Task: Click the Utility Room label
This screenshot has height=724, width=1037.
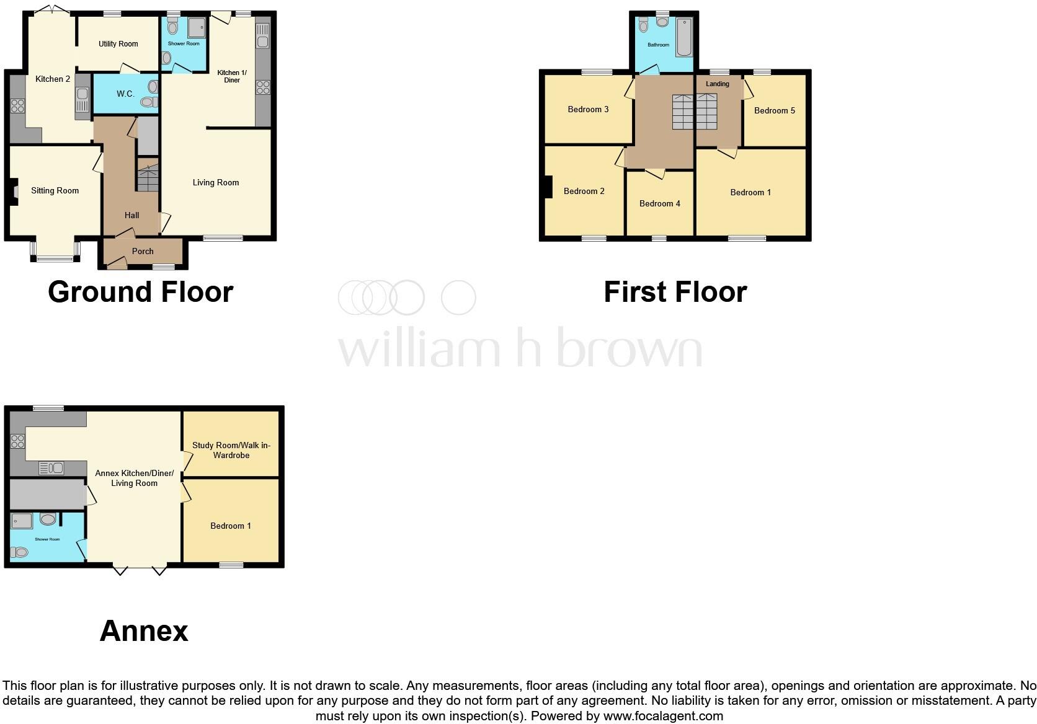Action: [118, 44]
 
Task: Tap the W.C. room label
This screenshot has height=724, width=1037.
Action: [125, 94]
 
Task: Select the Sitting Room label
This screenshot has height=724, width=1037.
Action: [55, 190]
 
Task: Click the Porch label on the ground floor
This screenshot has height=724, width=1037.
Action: [143, 251]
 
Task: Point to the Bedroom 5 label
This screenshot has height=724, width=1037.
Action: [774, 110]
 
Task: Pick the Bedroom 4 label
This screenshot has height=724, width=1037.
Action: [659, 203]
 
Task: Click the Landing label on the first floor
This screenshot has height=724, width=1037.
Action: [717, 84]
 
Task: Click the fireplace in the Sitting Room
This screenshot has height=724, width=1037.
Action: [14, 192]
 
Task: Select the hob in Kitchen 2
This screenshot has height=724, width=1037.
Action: [17, 106]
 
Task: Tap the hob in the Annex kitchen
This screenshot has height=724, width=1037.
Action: [17, 441]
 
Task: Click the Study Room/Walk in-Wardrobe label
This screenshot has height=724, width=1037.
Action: [231, 450]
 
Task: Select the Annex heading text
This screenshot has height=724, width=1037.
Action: [144, 631]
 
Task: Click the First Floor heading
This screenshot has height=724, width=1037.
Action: [675, 292]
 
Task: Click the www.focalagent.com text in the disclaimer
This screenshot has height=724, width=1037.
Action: [662, 716]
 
